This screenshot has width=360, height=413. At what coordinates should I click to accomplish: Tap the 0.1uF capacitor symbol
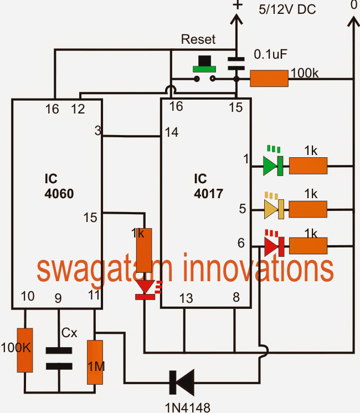click(x=237, y=61)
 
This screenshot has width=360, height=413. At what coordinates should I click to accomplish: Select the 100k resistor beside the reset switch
click(x=269, y=79)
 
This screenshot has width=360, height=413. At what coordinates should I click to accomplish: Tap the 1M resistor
click(x=95, y=363)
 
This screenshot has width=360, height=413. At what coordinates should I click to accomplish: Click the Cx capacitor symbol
click(x=59, y=358)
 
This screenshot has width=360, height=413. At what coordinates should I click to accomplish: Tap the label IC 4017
click(x=207, y=187)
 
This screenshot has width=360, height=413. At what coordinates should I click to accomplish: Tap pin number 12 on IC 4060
click(x=78, y=109)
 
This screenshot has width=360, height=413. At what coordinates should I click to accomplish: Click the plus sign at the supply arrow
click(x=237, y=5)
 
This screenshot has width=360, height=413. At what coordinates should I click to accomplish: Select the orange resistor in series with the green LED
click(x=308, y=166)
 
